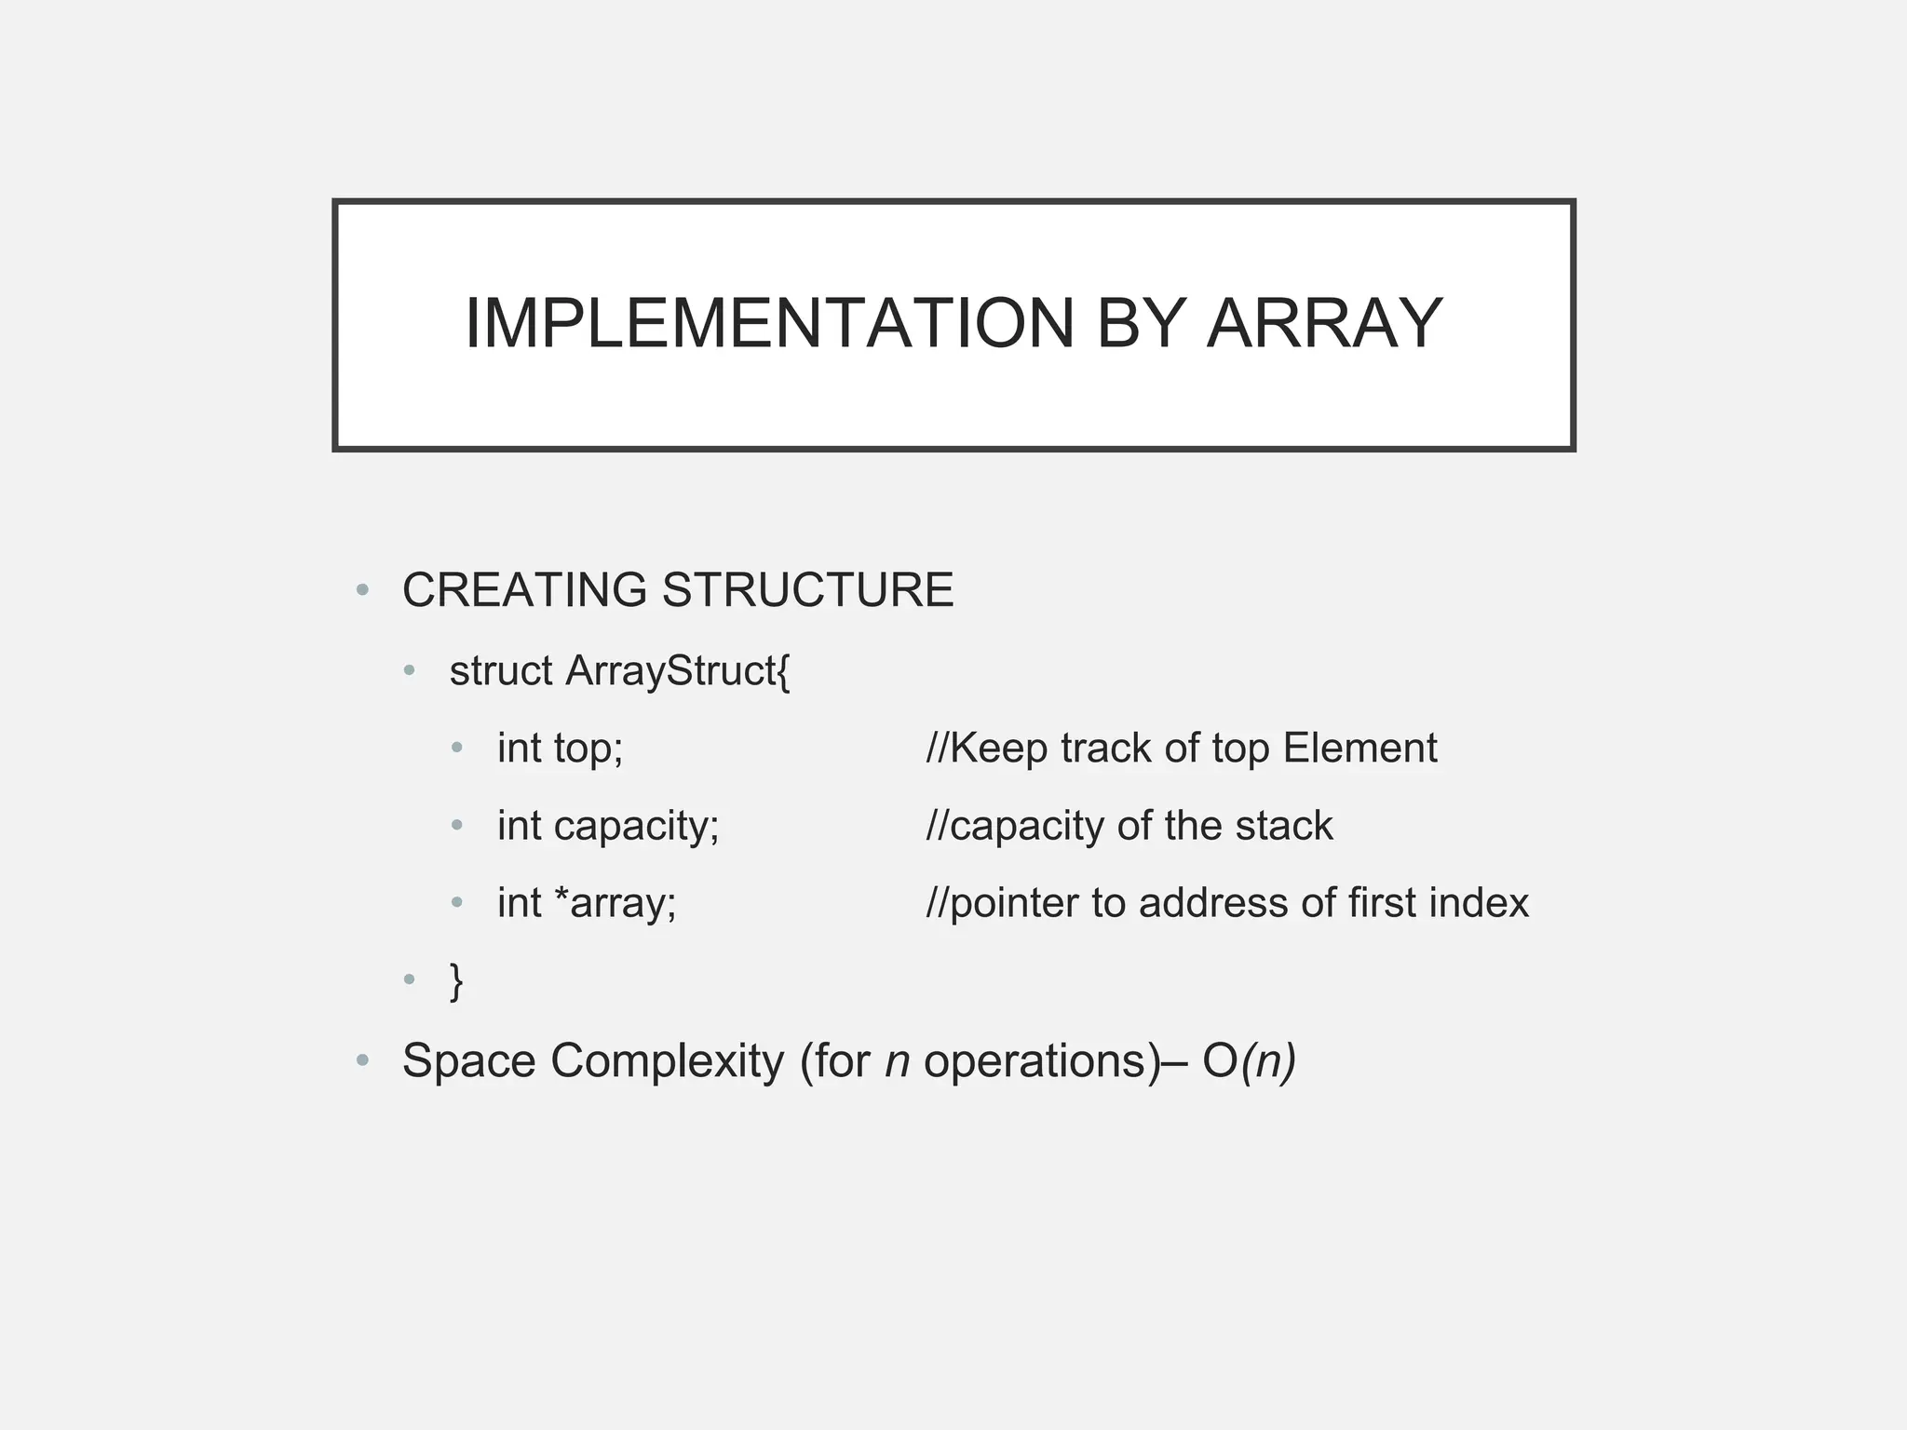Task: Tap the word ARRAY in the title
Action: click(1324, 324)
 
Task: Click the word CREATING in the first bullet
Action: click(524, 590)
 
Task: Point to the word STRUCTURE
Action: click(807, 590)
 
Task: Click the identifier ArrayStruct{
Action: click(678, 671)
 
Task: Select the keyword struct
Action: click(501, 671)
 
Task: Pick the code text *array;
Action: click(615, 903)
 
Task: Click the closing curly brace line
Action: click(456, 980)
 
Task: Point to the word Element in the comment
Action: click(1359, 749)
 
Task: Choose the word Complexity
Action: click(668, 1061)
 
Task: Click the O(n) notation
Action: click(1249, 1061)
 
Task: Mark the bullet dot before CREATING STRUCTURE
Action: click(363, 590)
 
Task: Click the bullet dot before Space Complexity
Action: click(363, 1060)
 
